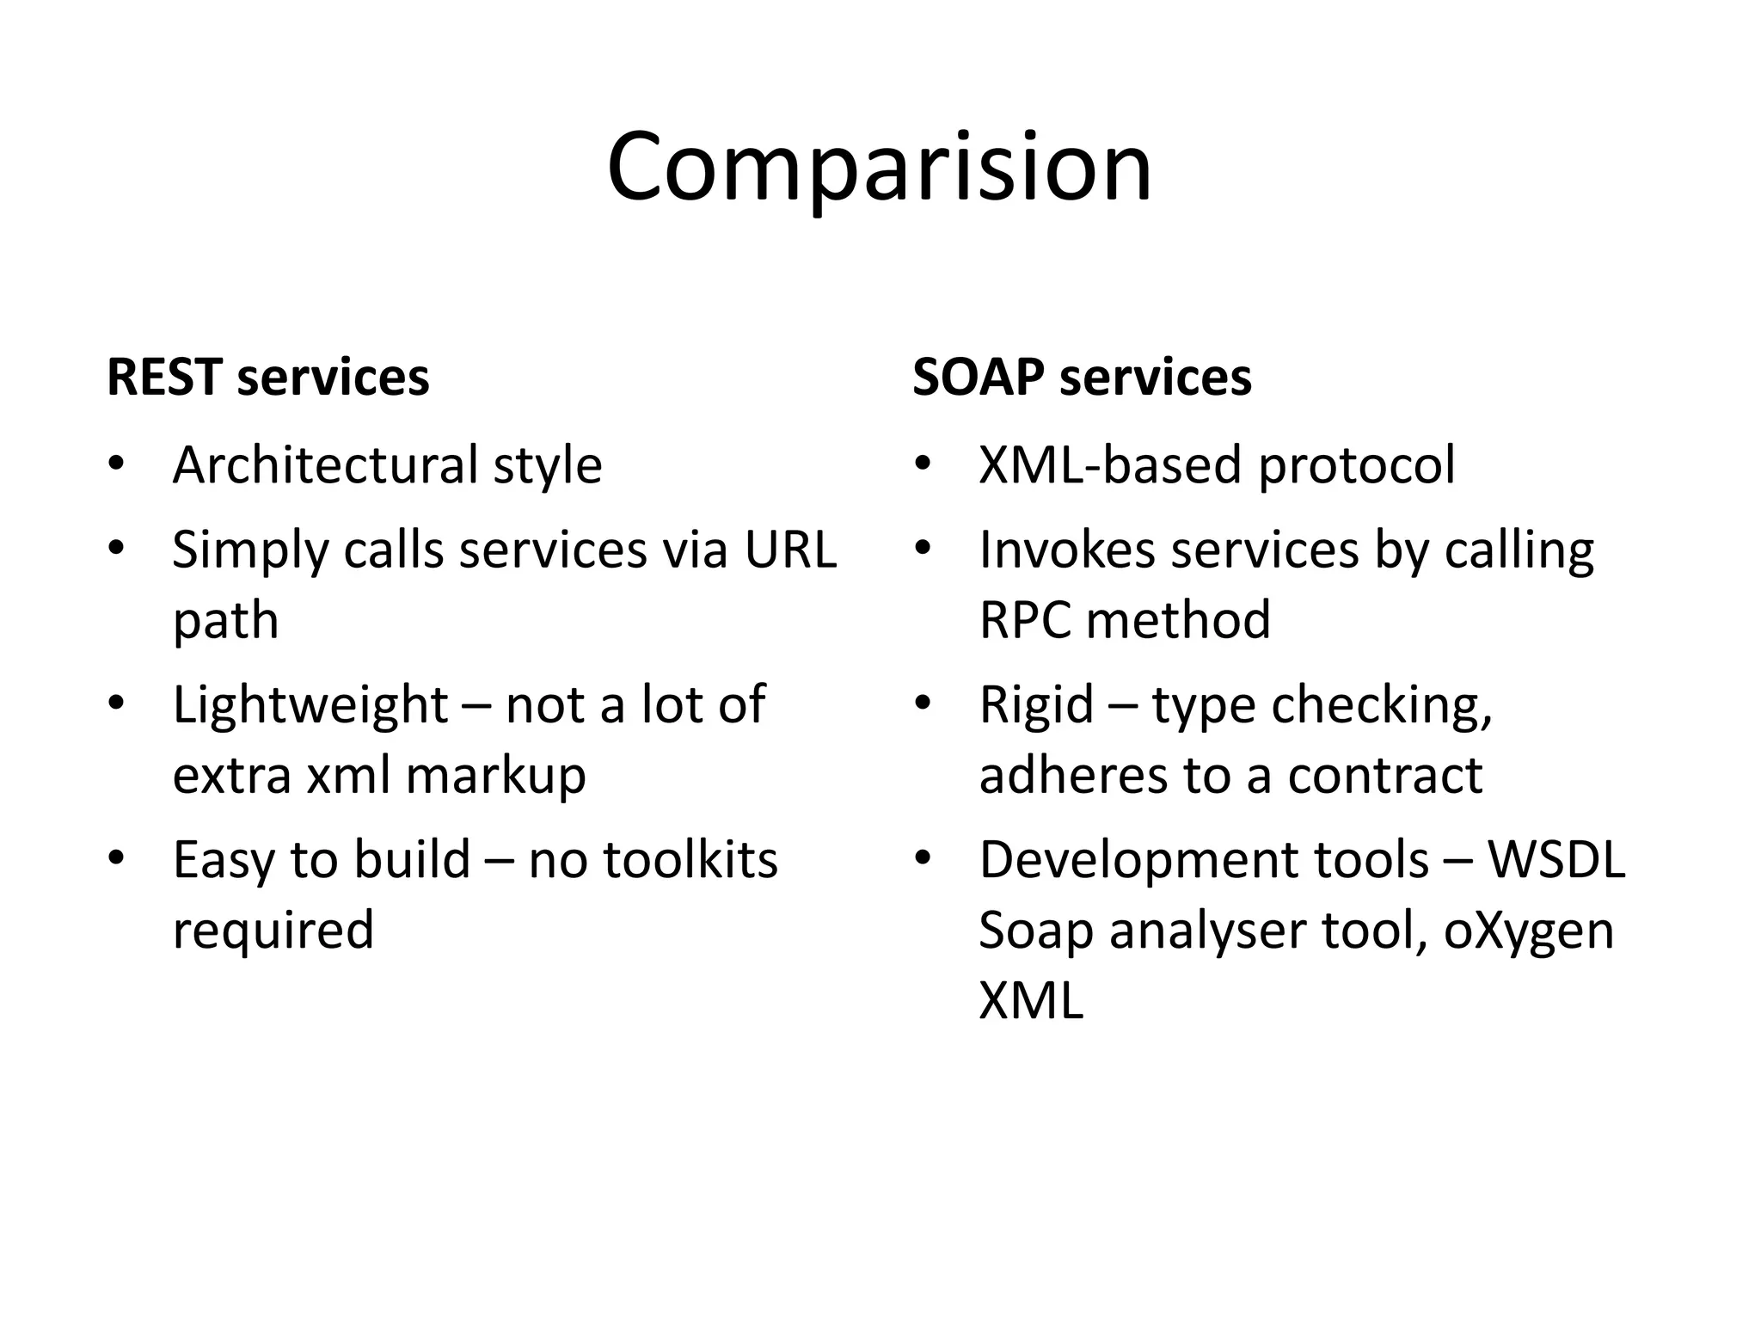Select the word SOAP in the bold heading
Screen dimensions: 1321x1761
pyautogui.click(x=979, y=378)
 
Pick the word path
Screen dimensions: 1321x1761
pyautogui.click(x=225, y=621)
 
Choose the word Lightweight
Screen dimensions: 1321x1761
pyautogui.click(x=310, y=705)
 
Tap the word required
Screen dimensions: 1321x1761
pyautogui.click(x=273, y=931)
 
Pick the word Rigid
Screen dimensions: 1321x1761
pyautogui.click(x=1036, y=705)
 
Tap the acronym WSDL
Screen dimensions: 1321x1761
pyautogui.click(x=1556, y=860)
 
